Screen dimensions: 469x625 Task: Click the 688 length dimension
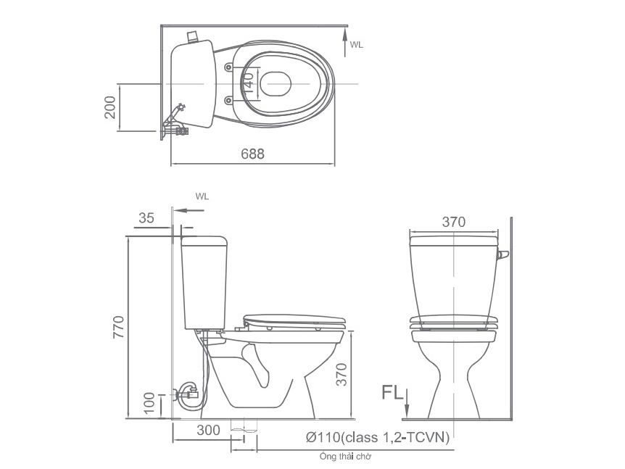pos(253,154)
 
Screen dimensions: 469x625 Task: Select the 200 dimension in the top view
pos(109,108)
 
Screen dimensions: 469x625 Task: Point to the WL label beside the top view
pos(356,45)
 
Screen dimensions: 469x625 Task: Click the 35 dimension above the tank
pos(146,218)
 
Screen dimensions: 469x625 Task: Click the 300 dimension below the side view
pos(207,430)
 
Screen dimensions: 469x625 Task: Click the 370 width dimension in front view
pos(453,222)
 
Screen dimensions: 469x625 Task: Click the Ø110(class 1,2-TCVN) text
pos(377,437)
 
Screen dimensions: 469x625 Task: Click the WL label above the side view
pos(202,196)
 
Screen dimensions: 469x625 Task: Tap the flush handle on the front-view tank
pos(504,254)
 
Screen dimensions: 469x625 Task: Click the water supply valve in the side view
pos(187,394)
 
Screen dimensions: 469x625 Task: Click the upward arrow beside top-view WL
pos(345,40)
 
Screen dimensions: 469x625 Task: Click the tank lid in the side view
pos(205,238)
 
